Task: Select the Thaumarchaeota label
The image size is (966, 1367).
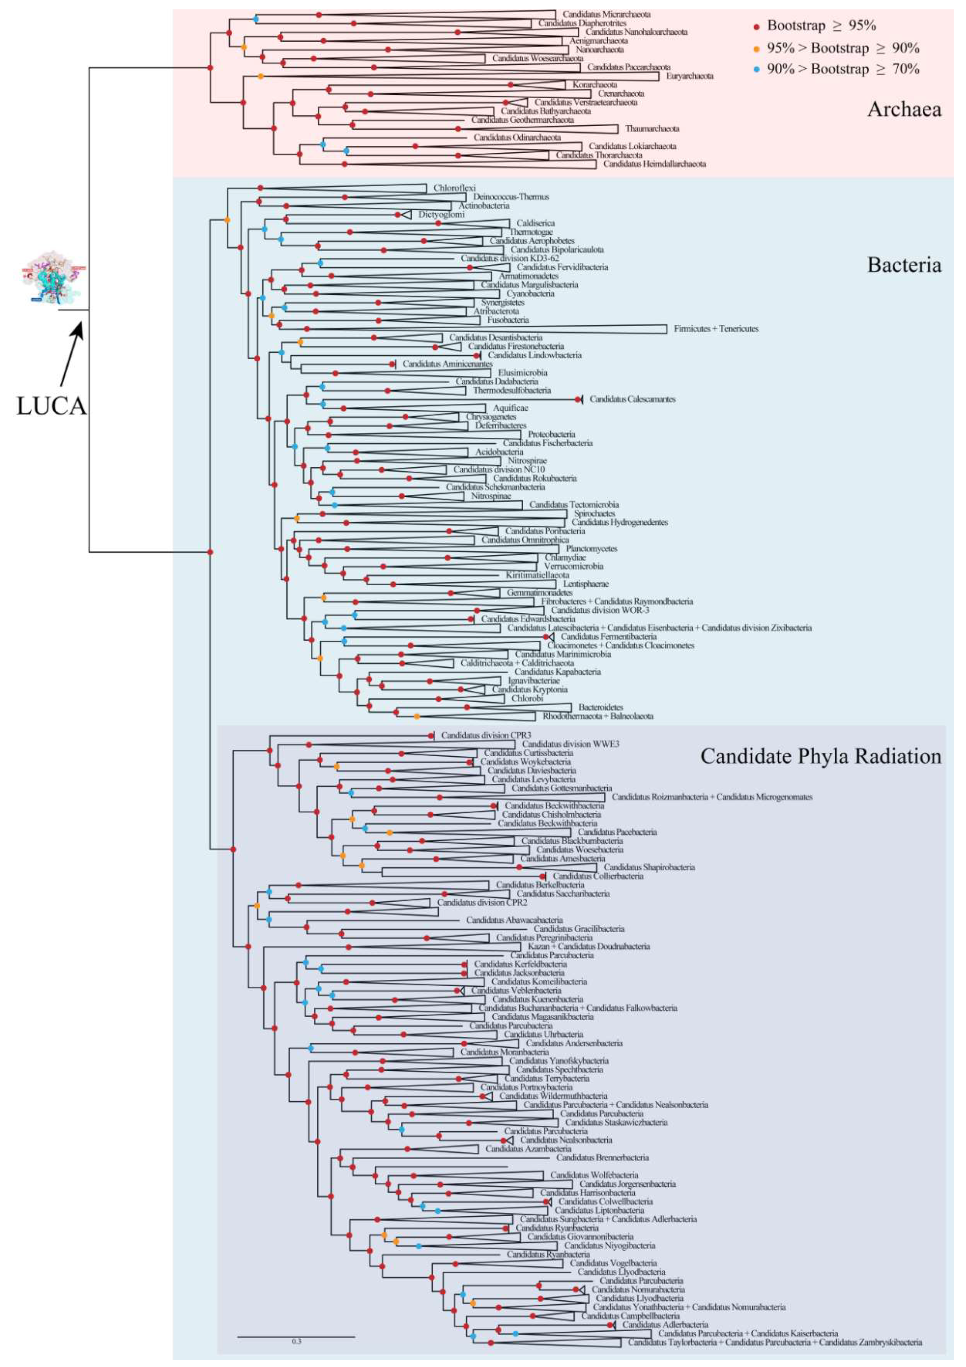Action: click(x=652, y=129)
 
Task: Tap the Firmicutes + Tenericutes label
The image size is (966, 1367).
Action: click(x=716, y=329)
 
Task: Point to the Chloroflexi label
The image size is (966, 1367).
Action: click(x=455, y=188)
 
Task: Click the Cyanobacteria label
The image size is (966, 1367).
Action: click(x=530, y=293)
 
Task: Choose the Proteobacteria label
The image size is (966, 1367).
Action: click(x=552, y=434)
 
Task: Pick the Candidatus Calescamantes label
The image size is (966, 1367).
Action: click(x=633, y=399)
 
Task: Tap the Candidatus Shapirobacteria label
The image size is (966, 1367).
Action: click(x=649, y=867)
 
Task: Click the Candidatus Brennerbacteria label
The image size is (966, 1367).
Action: click(x=602, y=1158)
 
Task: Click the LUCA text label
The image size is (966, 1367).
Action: click(x=51, y=406)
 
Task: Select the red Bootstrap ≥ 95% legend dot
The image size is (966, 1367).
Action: click(x=756, y=27)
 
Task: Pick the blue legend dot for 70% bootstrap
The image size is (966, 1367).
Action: click(x=756, y=70)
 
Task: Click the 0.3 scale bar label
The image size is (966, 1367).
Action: click(x=297, y=1342)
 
